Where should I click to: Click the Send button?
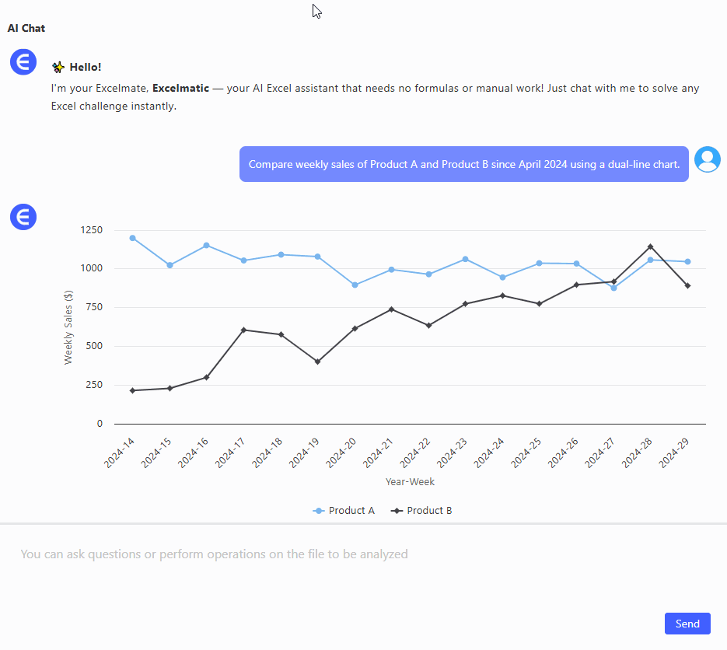point(687,624)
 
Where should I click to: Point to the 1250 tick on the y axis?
point(91,230)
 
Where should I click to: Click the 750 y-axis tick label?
point(93,307)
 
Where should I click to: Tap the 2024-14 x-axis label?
point(120,453)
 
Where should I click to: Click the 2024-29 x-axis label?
point(675,453)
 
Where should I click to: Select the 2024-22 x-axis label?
point(416,453)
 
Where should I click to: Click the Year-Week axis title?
point(410,482)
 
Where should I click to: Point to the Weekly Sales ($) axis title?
point(68,327)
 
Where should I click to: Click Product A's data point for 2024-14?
point(132,238)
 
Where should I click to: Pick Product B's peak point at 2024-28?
point(651,246)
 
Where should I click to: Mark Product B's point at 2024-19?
point(317,362)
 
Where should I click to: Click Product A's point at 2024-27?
point(613,288)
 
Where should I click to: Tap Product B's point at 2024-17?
point(243,330)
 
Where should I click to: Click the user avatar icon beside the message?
point(707,159)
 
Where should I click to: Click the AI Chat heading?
point(26,29)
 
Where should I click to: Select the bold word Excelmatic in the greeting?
point(180,89)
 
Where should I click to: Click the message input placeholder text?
point(214,554)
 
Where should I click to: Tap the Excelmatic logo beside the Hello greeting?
point(23,61)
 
